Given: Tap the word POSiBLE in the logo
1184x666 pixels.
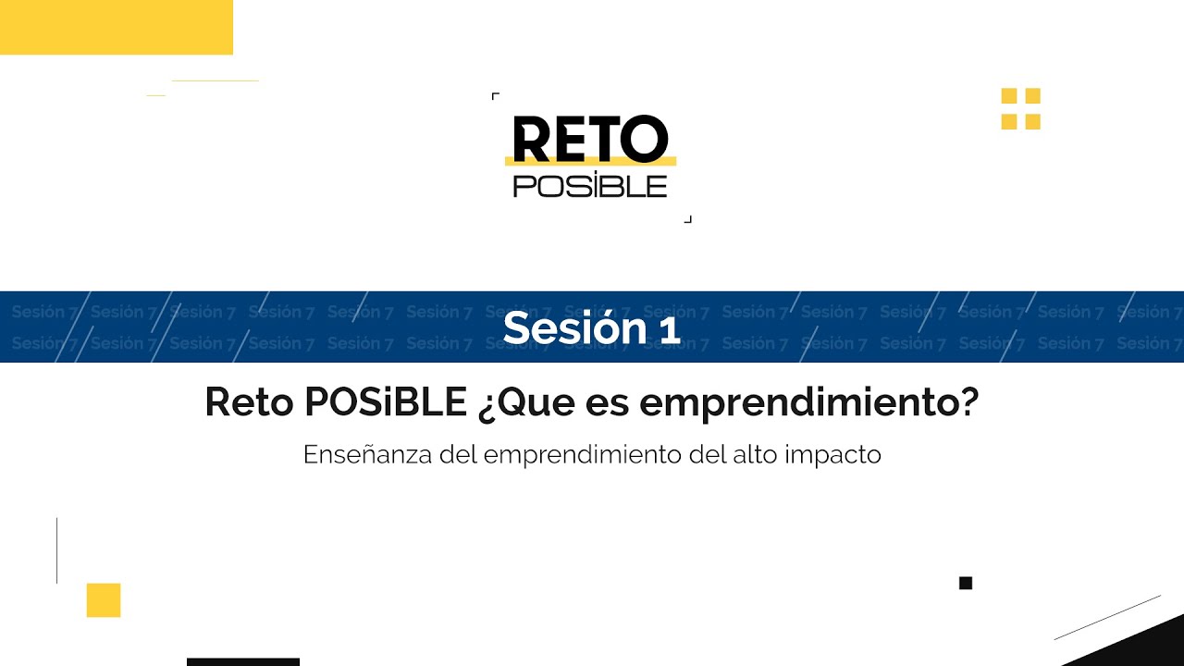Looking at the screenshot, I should pyautogui.click(x=589, y=185).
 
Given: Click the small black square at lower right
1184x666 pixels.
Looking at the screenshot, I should pyautogui.click(x=966, y=583).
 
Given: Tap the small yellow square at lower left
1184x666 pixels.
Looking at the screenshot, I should pyautogui.click(x=104, y=600).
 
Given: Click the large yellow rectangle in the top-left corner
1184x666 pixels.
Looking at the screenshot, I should pyautogui.click(x=116, y=27).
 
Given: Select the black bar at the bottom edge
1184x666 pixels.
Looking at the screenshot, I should pyautogui.click(x=243, y=661).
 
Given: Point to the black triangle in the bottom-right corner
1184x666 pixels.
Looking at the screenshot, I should pyautogui.click(x=1147, y=647).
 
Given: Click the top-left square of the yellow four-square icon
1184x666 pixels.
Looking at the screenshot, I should pyautogui.click(x=1009, y=96).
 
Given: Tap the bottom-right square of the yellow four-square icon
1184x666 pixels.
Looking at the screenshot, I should pyautogui.click(x=1032, y=121).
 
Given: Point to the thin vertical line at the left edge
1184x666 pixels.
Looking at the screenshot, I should pyautogui.click(x=57, y=550).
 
